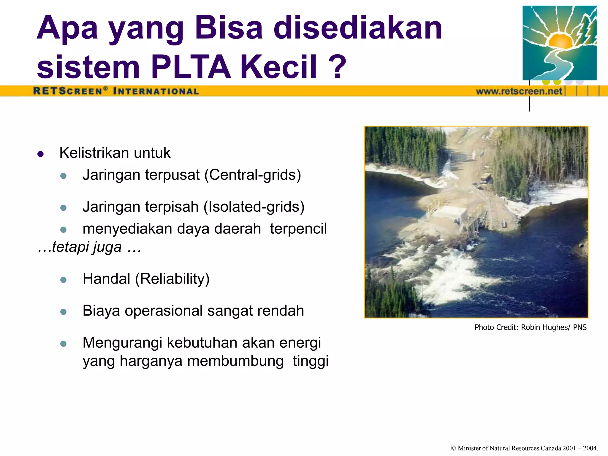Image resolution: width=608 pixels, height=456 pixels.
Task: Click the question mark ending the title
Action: click(338, 67)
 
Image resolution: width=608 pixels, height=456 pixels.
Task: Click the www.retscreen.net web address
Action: click(519, 91)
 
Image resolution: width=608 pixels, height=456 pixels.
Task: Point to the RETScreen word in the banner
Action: click(68, 91)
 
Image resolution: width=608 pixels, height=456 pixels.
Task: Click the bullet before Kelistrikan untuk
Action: click(41, 154)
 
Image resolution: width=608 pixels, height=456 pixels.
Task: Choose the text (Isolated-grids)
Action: click(254, 207)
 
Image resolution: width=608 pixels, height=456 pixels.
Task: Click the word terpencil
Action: click(298, 229)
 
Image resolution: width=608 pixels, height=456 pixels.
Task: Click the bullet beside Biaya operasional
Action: click(63, 312)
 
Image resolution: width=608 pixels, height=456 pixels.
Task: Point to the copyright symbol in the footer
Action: click(453, 448)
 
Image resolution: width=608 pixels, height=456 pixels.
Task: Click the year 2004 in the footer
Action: click(590, 448)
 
